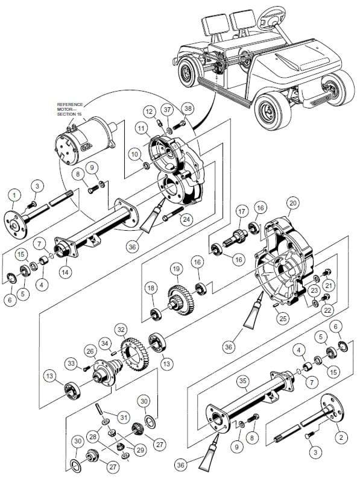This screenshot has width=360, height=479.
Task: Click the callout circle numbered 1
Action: [15, 195]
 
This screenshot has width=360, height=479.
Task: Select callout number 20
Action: [292, 203]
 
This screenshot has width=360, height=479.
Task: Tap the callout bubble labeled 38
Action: [188, 108]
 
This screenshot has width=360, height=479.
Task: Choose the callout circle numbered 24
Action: [187, 219]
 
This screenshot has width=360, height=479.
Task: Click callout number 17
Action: [242, 211]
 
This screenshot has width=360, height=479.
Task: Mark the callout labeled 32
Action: [121, 330]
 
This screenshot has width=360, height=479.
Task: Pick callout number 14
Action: [65, 271]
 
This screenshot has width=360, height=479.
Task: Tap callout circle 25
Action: [283, 319]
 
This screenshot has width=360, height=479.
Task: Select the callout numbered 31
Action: [123, 418]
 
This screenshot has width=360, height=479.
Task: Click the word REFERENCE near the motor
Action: [70, 104]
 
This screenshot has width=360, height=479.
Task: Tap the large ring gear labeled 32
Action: [135, 354]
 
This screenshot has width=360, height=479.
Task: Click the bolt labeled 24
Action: [173, 213]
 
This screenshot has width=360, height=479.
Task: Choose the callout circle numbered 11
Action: [141, 128]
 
